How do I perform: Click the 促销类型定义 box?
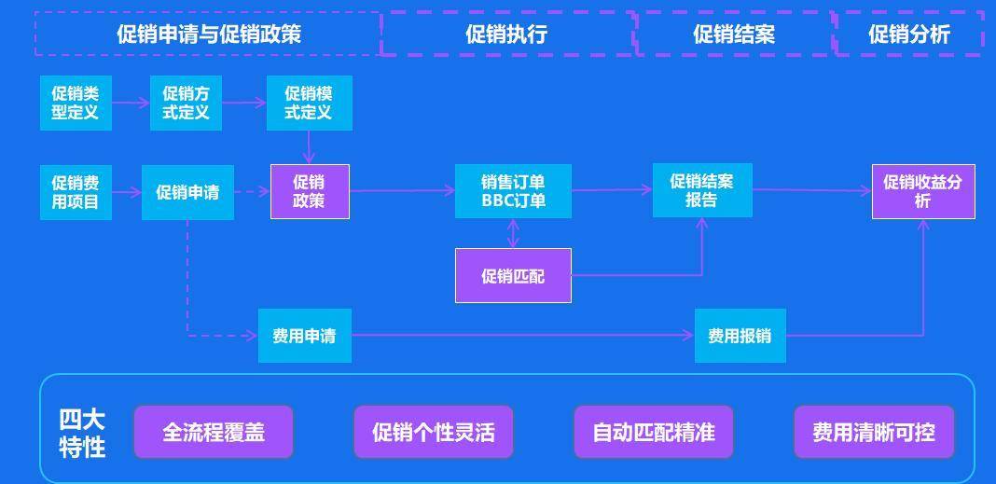(x=76, y=103)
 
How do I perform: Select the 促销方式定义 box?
(x=186, y=103)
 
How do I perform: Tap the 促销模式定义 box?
(x=309, y=103)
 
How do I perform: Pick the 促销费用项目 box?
(x=76, y=192)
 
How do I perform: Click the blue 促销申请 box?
(x=187, y=192)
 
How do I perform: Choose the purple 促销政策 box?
(x=310, y=191)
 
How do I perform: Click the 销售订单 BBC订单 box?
(x=513, y=191)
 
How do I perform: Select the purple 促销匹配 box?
(x=513, y=276)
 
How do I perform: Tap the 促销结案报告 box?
(x=702, y=190)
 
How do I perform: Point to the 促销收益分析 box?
(x=923, y=191)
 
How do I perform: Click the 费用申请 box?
(x=305, y=336)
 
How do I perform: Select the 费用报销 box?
(x=740, y=336)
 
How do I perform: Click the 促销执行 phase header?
(x=506, y=35)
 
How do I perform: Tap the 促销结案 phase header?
(x=734, y=35)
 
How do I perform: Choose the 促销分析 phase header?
(x=909, y=35)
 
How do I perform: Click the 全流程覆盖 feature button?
(x=214, y=432)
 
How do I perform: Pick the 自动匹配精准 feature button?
(x=654, y=432)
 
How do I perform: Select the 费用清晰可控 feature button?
(x=874, y=432)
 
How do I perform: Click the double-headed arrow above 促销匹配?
(x=513, y=233)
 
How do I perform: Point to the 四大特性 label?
(x=82, y=433)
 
